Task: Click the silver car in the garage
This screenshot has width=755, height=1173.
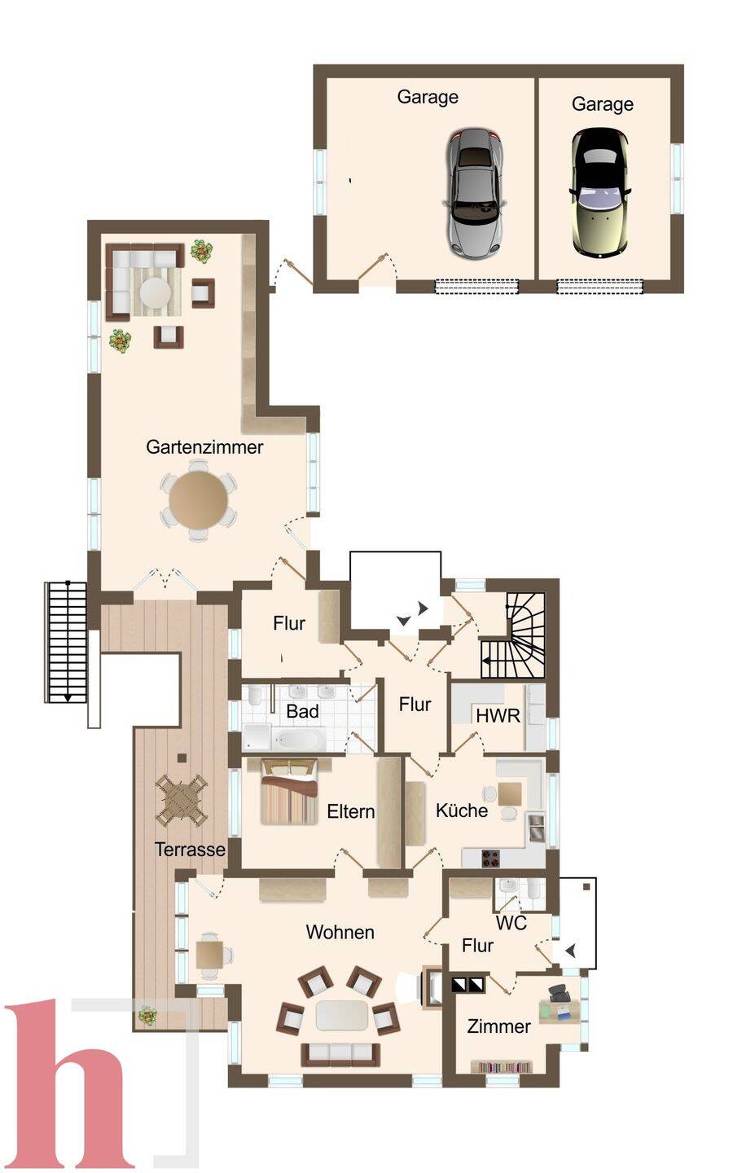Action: pyautogui.click(x=475, y=194)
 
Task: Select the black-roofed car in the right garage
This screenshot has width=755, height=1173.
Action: pyautogui.click(x=600, y=193)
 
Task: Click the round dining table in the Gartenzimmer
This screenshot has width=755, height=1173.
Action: pyautogui.click(x=199, y=501)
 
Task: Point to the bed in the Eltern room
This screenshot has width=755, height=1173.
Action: pyautogui.click(x=290, y=791)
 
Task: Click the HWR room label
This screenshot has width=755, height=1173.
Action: pyautogui.click(x=498, y=715)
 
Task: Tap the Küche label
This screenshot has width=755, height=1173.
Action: pyautogui.click(x=461, y=810)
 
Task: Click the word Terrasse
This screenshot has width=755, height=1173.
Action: pyautogui.click(x=190, y=850)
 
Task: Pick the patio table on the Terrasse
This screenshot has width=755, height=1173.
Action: pyautogui.click(x=182, y=801)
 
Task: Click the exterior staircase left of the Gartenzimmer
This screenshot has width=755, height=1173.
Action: pyautogui.click(x=66, y=642)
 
